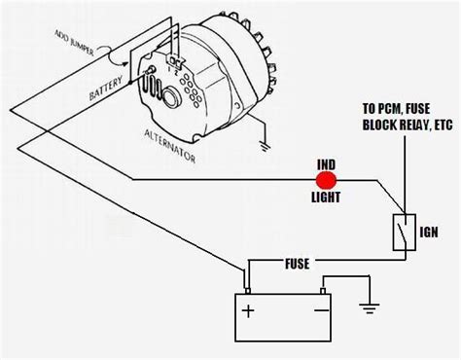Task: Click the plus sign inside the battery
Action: (249, 312)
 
